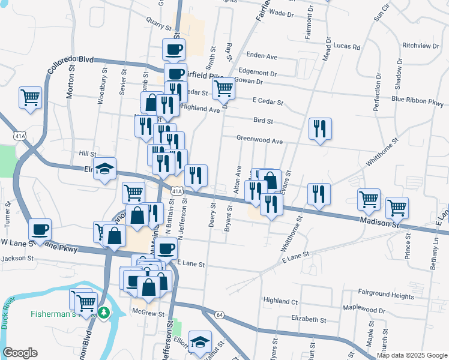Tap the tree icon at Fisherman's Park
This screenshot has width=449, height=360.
(x=104, y=313)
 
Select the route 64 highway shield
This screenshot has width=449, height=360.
(x=220, y=314)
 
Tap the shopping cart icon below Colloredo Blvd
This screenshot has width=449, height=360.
(x=30, y=97)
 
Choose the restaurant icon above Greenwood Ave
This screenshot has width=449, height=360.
(x=319, y=128)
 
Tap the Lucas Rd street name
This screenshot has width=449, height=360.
(x=348, y=46)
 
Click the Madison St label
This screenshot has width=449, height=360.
(x=380, y=223)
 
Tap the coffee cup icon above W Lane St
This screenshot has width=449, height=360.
(x=40, y=230)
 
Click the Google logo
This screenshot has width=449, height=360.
(x=20, y=353)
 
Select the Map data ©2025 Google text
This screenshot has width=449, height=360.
(x=411, y=355)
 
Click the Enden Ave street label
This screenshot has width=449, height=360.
(x=262, y=56)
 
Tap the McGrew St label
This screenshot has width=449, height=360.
(x=148, y=313)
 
